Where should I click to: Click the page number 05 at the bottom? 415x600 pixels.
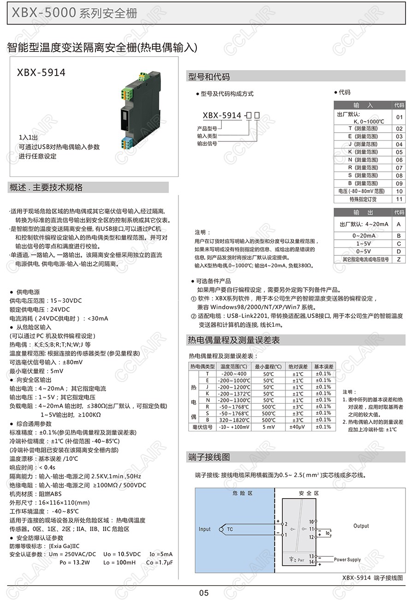coord(204,593)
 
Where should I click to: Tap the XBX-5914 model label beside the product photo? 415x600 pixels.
coord(41,72)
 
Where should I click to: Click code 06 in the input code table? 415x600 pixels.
coord(399,160)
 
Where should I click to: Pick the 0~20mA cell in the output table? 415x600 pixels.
coord(364,235)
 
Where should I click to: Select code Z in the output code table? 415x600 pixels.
coord(399,259)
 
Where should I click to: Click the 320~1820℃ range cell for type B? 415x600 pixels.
coord(236,420)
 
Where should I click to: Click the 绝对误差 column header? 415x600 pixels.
coord(298,366)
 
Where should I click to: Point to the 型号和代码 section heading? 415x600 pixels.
coord(209,77)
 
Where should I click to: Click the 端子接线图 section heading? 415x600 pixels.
coord(209,457)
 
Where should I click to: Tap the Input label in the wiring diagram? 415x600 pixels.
coord(204,529)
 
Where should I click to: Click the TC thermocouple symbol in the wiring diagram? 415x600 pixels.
coord(229,529)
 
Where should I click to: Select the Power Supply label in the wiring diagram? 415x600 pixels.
coord(347,559)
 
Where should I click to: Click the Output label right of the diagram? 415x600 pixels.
coord(361,526)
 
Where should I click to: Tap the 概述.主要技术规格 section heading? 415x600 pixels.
coord(46,188)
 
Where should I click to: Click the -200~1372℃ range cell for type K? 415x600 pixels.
coord(236,394)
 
